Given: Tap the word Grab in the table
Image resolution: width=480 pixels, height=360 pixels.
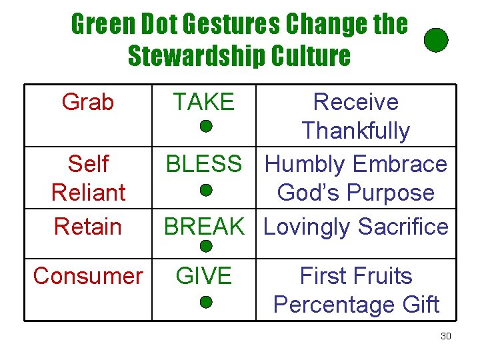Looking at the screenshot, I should coord(87,102).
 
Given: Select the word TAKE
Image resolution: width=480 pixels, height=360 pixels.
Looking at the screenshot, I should coord(203,102).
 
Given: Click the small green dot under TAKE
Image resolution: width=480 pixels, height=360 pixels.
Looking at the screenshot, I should coord(206,125).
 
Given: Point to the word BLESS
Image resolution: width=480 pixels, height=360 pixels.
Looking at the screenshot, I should coord(203,164).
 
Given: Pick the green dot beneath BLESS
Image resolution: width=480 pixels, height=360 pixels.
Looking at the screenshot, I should coord(206,190).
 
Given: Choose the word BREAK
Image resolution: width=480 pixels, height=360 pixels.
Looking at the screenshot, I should coord(204,227).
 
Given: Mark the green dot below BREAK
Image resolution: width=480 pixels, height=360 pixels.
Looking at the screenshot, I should coord(206,246).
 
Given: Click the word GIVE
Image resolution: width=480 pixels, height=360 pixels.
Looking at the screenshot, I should coord(203,276).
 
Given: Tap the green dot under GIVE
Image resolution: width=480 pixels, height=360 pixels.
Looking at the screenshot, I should coord(206,302).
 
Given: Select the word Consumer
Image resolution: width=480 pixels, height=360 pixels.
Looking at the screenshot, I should coord(88,276).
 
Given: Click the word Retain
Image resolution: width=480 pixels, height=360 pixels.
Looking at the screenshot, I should coord(88,227).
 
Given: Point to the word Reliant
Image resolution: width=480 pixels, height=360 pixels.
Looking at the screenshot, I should coord(88,193).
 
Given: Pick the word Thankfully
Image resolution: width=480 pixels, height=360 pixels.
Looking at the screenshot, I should coord(355,131).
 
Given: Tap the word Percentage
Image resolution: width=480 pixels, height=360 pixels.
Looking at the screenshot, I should coord(321,305).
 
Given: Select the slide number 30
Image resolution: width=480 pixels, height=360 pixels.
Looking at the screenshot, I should coord(446,336).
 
